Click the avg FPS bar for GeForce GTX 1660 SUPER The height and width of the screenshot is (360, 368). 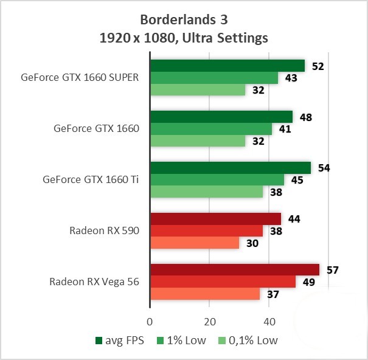tap(227, 66)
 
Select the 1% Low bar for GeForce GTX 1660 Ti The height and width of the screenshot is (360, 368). tap(217, 180)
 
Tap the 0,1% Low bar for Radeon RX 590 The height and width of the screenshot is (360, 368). tap(195, 243)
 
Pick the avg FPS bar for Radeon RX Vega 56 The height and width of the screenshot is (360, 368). tap(235, 270)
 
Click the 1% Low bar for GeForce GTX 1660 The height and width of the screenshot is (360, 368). tap(211, 129)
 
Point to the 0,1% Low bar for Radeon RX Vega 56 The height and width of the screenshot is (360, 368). tap(205, 294)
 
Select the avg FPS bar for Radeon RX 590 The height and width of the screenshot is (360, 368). tap(215, 219)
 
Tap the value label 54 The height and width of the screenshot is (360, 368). tap(324, 168)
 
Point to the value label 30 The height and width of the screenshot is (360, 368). tap(252, 243)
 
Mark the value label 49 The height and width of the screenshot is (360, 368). tap(307, 282)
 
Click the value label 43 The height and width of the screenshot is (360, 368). tap(291, 78)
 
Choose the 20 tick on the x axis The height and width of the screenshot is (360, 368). tap(209, 321)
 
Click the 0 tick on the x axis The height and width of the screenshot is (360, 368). tap(150, 321)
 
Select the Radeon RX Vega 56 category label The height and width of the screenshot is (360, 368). tap(94, 282)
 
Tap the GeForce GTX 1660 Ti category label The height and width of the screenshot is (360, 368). tap(91, 180)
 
